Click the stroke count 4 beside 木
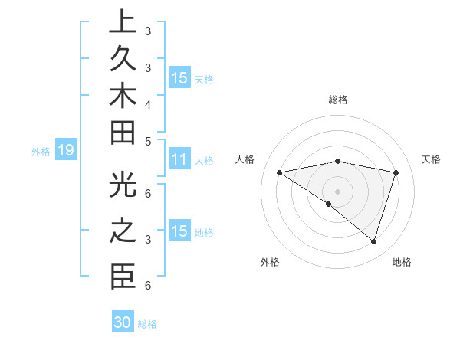pyautogui.click(x=147, y=103)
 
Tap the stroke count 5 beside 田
pyautogui.click(x=147, y=141)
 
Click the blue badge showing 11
pyautogui.click(x=179, y=160)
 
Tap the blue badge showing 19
pyautogui.click(x=65, y=151)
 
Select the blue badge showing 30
pyautogui.click(x=123, y=322)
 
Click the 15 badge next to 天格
pyautogui.click(x=179, y=78)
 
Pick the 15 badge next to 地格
pyautogui.click(x=179, y=232)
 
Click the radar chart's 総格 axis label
pyautogui.click(x=337, y=100)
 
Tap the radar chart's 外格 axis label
pyautogui.click(x=270, y=262)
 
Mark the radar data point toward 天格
pyautogui.click(x=396, y=172)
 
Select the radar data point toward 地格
pyautogui.click(x=373, y=241)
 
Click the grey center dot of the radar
pyautogui.click(x=337, y=191)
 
